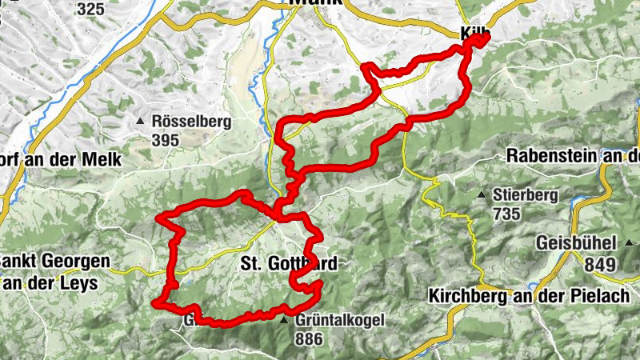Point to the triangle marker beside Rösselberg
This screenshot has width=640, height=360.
(142, 122)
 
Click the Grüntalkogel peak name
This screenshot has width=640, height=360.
(340, 321)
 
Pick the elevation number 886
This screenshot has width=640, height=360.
(309, 338)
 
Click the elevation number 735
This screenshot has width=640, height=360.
(507, 214)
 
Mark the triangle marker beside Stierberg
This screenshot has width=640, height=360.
(482, 194)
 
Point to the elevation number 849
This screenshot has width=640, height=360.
(599, 264)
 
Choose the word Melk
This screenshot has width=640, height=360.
(102, 159)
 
